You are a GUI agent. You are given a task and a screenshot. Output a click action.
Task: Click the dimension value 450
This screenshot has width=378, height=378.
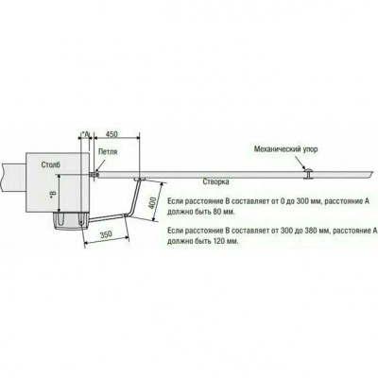[112, 134]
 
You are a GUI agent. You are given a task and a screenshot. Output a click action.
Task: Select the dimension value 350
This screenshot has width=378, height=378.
[106, 234]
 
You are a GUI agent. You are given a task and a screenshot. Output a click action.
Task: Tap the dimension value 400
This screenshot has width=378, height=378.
[152, 202]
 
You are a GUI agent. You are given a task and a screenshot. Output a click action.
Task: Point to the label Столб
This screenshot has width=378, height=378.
[51, 164]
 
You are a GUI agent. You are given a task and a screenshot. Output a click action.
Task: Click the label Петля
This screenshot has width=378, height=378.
[108, 152]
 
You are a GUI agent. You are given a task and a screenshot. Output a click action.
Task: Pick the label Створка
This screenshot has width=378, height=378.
[215, 181]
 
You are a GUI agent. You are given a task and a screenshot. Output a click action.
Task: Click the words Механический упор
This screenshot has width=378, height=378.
[286, 149]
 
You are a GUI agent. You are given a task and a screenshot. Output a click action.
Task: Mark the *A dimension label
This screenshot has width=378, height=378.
[85, 134]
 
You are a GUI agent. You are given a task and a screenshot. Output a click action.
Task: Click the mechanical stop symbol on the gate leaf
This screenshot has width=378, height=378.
[307, 174]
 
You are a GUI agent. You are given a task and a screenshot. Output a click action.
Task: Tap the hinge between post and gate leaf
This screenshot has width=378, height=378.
[94, 174]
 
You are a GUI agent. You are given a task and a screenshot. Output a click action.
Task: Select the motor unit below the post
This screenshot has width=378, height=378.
[71, 221]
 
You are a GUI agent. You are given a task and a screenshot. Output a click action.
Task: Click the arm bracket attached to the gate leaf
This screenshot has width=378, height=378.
[139, 180]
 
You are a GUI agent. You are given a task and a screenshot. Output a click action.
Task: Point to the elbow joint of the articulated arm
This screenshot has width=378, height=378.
[129, 215]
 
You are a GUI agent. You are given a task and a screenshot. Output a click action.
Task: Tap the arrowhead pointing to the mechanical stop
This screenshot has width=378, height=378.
[303, 167]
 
